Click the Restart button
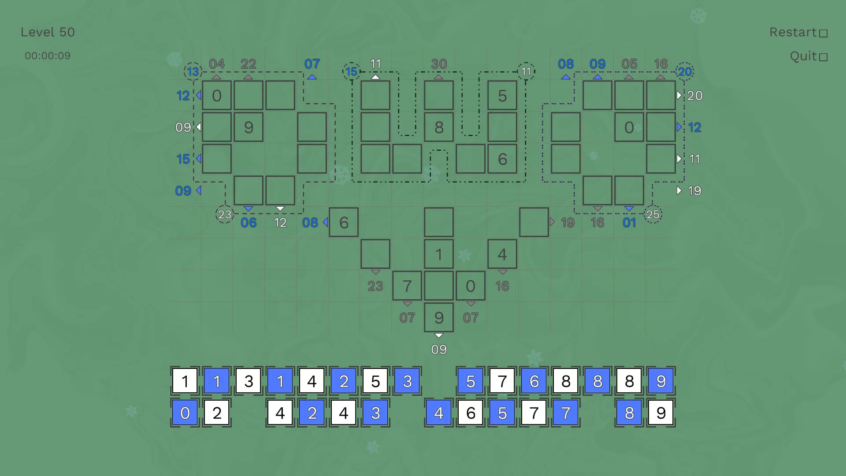tap(798, 33)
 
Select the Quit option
tap(809, 56)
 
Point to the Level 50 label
tap(48, 32)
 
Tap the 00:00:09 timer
tap(48, 56)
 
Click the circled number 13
tap(193, 71)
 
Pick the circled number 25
tap(653, 215)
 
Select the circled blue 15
tap(352, 71)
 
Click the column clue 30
tap(439, 64)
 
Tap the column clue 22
tap(249, 64)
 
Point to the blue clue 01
tap(629, 223)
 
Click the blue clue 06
tap(249, 223)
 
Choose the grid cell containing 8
tap(439, 127)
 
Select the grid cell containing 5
tap(502, 96)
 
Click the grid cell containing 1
tap(439, 254)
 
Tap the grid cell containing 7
tap(407, 286)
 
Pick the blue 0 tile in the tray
tap(185, 413)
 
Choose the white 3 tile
tap(249, 381)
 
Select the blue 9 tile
tap(661, 381)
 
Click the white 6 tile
tap(471, 413)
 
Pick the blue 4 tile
tap(439, 413)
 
